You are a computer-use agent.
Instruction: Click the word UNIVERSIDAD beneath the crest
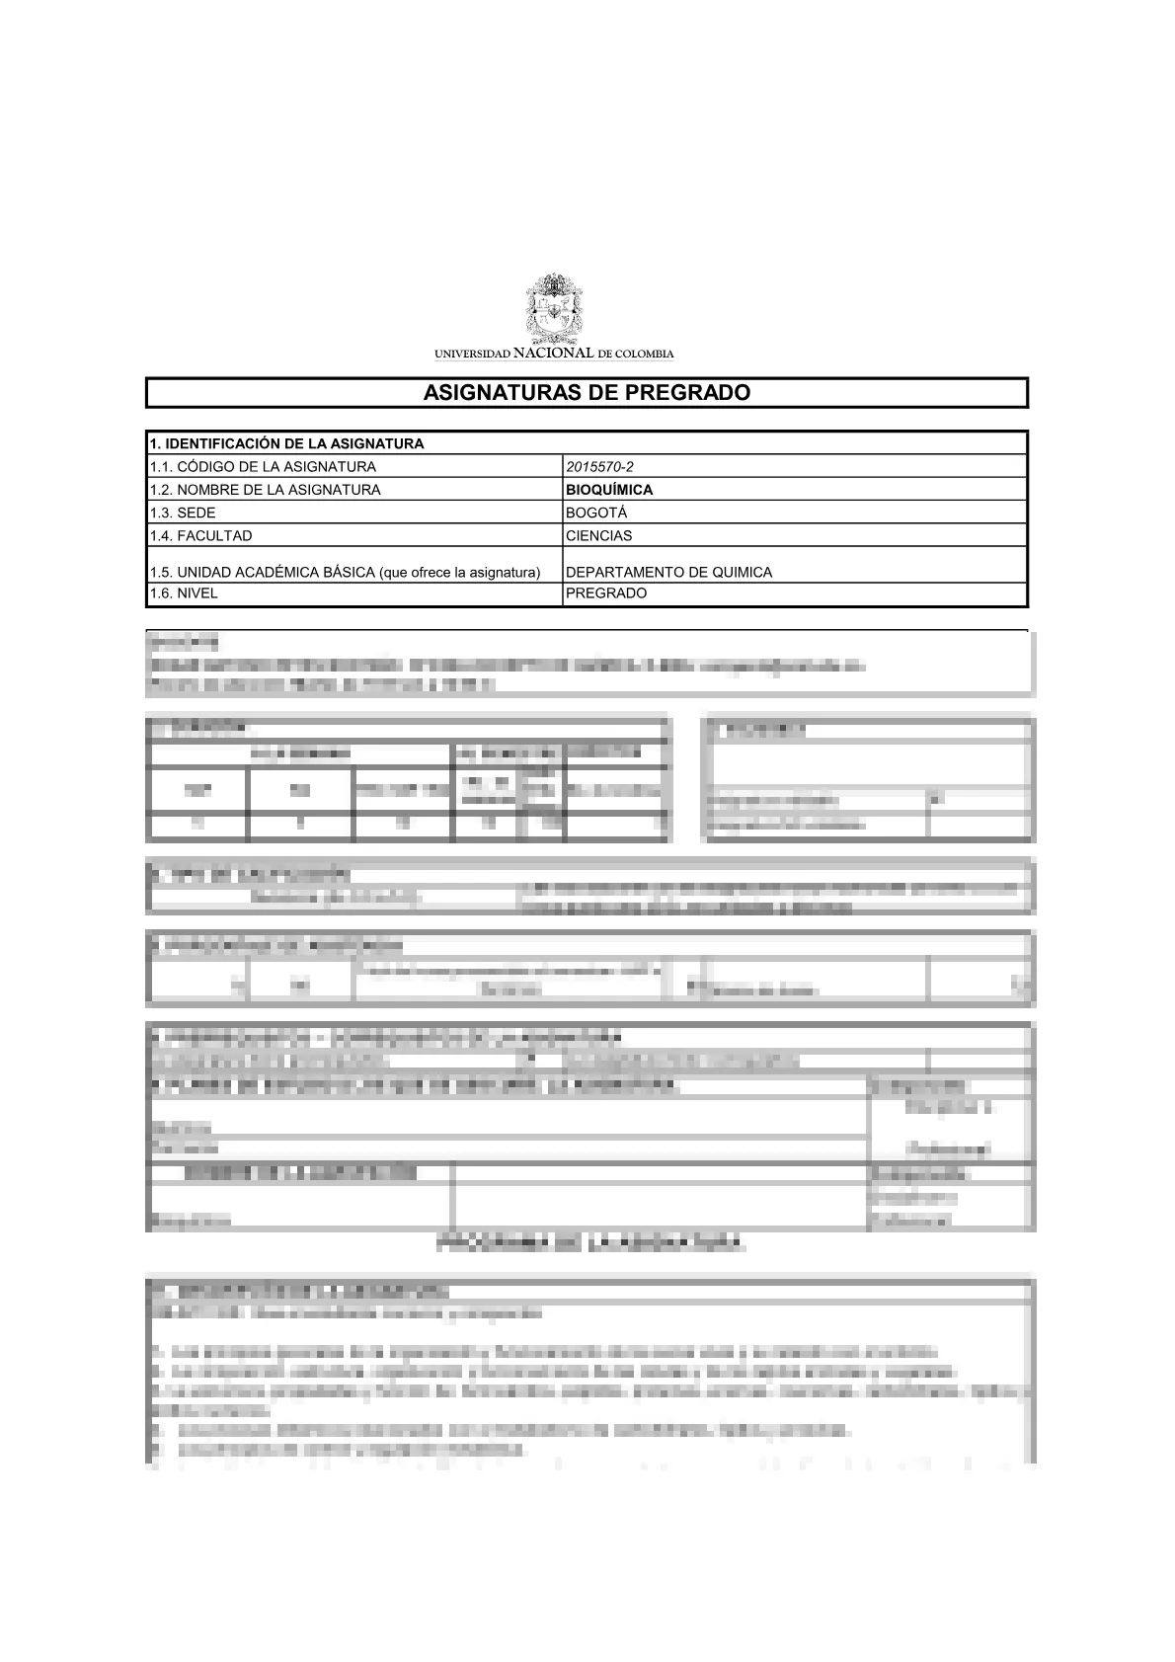(x=473, y=354)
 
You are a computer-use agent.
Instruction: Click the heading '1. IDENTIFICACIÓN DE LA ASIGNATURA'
(x=286, y=443)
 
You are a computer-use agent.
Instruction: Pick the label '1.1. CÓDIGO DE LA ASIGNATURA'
(x=263, y=466)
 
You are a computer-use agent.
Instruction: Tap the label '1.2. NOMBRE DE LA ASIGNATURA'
(x=265, y=490)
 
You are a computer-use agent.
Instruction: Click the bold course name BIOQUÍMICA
(x=609, y=490)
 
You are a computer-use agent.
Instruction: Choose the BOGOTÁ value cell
(x=596, y=513)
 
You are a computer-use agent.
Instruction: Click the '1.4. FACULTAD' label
(x=200, y=535)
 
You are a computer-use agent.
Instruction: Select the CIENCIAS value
(x=599, y=535)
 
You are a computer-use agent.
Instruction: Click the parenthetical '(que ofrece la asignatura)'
(x=460, y=572)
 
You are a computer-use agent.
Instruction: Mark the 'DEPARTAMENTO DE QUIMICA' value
(x=668, y=572)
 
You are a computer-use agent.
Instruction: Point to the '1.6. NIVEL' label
(x=184, y=594)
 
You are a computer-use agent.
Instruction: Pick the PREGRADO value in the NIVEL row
(x=606, y=594)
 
